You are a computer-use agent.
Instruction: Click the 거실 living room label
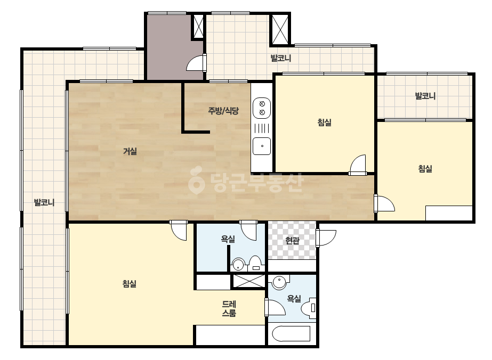[x=130, y=151]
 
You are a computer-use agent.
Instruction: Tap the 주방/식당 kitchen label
[x=223, y=110]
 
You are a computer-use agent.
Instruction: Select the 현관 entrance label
[x=292, y=241]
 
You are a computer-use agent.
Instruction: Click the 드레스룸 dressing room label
[x=229, y=308]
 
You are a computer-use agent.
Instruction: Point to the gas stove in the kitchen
[x=262, y=108]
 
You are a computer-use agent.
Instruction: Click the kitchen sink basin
[x=262, y=146]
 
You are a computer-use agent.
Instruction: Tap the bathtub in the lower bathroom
[x=291, y=334]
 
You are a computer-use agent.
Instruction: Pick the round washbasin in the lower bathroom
[x=279, y=282]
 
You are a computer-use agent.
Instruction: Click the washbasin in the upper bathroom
[x=238, y=264]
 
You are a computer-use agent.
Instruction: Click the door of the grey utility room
[x=196, y=62]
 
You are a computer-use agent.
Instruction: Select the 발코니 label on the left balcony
[x=44, y=202]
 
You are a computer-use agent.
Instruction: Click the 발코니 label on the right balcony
[x=425, y=96]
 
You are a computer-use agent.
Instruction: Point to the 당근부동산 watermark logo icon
[x=196, y=180]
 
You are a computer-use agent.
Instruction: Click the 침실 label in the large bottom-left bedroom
[x=130, y=284]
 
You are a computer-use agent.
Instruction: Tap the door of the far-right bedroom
[x=384, y=203]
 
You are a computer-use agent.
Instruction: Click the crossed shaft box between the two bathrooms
[x=248, y=281]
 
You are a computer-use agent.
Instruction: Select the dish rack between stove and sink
[x=262, y=128]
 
